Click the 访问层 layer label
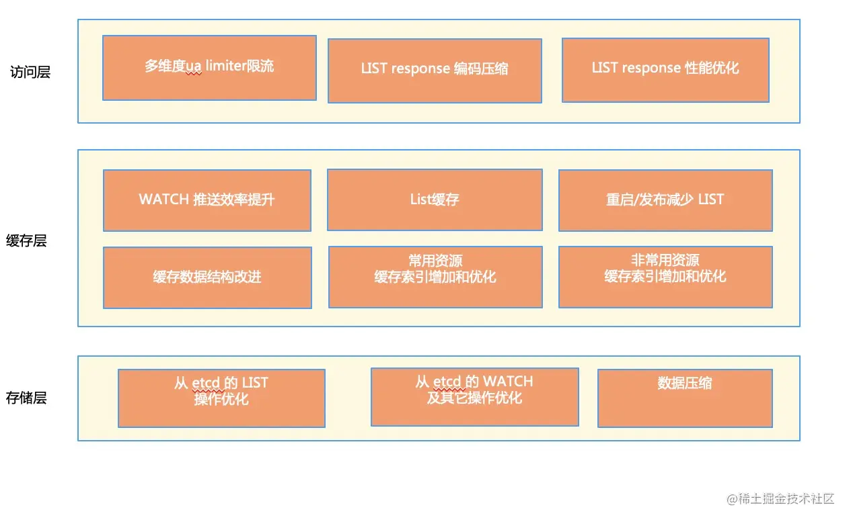[x=30, y=72]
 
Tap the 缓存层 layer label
[x=26, y=241]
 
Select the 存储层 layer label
[x=26, y=398]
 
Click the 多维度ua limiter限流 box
[x=209, y=68]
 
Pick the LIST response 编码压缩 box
[x=435, y=71]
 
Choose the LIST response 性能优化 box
[x=665, y=70]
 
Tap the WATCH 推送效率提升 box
[x=207, y=200]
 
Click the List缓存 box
[x=435, y=200]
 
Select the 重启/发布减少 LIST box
[x=665, y=200]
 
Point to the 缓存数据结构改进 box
[x=207, y=277]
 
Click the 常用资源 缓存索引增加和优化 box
[x=435, y=277]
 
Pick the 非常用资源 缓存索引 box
[x=665, y=277]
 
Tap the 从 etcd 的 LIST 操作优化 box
[x=221, y=398]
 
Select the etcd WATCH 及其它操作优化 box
[x=475, y=396]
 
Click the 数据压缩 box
[x=685, y=398]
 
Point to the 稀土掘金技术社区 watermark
[x=780, y=499]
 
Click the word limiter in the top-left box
[x=226, y=66]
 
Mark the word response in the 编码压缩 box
[x=420, y=69]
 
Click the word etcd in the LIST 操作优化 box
[x=206, y=383]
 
